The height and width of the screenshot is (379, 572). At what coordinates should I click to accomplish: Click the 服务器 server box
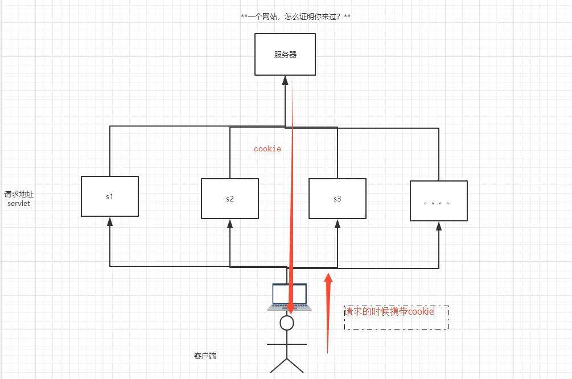(x=285, y=55)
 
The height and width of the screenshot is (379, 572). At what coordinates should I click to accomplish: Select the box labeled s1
(x=110, y=196)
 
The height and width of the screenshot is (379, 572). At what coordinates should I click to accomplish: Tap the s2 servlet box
(x=230, y=199)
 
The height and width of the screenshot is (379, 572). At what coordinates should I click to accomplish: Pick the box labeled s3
(x=338, y=199)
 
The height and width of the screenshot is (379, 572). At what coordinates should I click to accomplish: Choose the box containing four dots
(x=439, y=201)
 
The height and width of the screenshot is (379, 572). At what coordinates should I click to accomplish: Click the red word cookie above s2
(x=268, y=149)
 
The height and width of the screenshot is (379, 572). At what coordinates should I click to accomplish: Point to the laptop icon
(x=289, y=297)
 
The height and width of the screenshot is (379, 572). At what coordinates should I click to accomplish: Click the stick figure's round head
(x=287, y=323)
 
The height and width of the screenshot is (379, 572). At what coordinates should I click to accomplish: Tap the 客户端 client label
(x=205, y=356)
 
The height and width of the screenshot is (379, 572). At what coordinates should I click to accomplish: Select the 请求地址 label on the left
(x=19, y=194)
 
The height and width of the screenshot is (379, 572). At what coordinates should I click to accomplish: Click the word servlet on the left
(x=19, y=203)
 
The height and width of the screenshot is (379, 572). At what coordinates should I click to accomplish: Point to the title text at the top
(x=295, y=17)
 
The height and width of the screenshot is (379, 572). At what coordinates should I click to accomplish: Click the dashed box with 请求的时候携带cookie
(x=397, y=317)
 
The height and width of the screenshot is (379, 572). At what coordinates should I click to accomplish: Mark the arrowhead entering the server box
(x=285, y=80)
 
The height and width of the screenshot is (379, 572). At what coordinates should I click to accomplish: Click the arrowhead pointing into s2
(x=230, y=223)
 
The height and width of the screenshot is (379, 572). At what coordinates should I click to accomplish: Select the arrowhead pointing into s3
(x=338, y=223)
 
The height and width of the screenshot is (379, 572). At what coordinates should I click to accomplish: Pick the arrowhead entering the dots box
(x=439, y=225)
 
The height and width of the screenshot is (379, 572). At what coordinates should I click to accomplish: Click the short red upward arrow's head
(x=328, y=278)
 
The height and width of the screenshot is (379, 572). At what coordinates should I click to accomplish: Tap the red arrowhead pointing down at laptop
(x=290, y=309)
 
